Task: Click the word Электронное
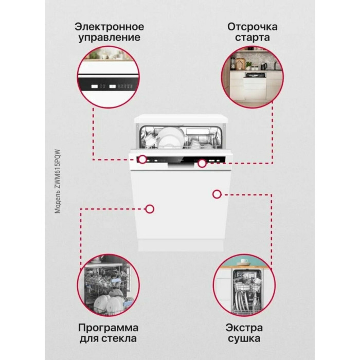coord(109,27)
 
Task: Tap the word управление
coord(109,38)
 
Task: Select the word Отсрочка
coord(253,27)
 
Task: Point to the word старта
coord(253,38)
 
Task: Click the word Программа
coord(108,328)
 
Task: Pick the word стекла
coord(119,338)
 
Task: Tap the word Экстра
coord(244,328)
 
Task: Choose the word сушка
coord(244,338)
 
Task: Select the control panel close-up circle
coord(109,77)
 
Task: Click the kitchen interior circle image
coord(253,77)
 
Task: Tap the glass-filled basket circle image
coord(109,285)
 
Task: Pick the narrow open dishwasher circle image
coord(244,285)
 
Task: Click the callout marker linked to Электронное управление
coord(142,159)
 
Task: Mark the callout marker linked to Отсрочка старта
coord(202,163)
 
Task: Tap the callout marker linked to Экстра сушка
coord(217,194)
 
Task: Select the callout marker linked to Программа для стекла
coord(150,209)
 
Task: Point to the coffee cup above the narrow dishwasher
coord(244,261)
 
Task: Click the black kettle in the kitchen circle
coord(264,66)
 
